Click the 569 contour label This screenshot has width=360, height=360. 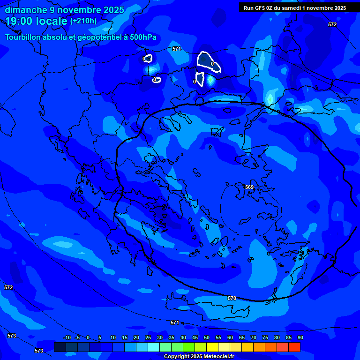point(249,187)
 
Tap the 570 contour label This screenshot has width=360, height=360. point(232,298)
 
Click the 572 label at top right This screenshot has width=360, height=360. point(332,24)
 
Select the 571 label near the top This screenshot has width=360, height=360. point(176,49)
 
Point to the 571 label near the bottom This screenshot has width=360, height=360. point(174,322)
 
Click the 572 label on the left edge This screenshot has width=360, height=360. point(8,287)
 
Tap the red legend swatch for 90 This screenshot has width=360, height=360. point(294,347)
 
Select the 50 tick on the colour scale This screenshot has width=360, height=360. point(207,337)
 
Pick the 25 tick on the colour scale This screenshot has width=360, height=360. point(148,337)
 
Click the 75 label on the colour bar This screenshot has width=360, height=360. point(265,337)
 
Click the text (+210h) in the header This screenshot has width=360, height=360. point(83,21)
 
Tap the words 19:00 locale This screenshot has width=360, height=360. point(37,21)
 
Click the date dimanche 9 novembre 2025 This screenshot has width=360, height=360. point(64,10)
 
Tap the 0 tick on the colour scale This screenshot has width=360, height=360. point(88,337)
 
